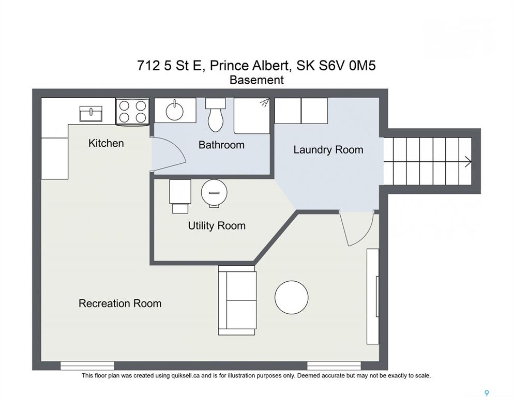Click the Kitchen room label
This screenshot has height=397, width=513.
(x=106, y=143)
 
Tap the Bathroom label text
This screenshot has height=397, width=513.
(x=221, y=145)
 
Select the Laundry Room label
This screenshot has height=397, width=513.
(x=328, y=150)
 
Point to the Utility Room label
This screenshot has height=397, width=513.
(x=217, y=226)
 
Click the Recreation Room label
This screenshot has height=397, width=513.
(x=120, y=303)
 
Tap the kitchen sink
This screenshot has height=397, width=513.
(x=91, y=114)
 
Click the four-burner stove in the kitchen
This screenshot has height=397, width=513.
(x=132, y=112)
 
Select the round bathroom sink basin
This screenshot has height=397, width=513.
(x=175, y=111)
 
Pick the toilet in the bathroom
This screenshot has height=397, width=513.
(x=215, y=115)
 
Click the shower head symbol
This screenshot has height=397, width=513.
(x=265, y=103)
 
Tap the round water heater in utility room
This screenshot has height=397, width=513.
(x=214, y=193)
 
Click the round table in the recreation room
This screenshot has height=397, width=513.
(x=292, y=297)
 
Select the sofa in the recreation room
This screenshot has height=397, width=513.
(x=237, y=300)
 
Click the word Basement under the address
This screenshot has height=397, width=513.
(x=256, y=80)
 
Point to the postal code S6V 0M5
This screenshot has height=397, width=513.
(x=347, y=66)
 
